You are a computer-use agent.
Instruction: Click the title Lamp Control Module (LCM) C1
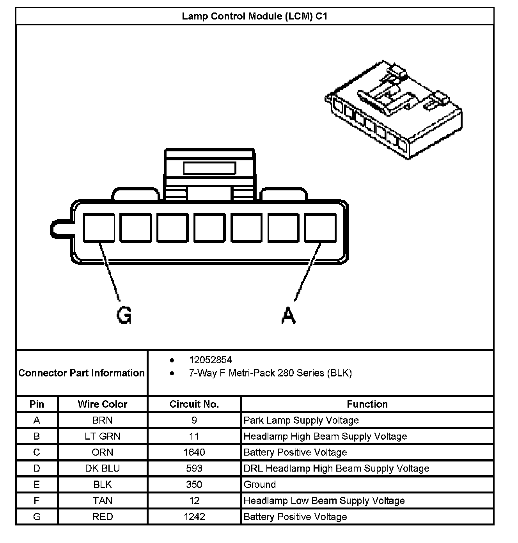254,16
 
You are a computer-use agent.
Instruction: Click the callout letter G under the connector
124,315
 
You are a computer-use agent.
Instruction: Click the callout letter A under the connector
288,315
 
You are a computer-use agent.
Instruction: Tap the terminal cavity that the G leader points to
99,228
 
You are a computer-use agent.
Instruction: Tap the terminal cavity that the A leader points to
320,228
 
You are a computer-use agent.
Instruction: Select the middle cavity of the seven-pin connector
209,228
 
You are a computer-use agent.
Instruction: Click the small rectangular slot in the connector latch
209,169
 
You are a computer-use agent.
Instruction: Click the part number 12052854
210,360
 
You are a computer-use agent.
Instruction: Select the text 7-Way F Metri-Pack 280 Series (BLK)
270,373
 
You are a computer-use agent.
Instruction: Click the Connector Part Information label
82,373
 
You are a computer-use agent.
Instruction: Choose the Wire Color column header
103,404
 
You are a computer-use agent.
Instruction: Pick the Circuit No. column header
194,404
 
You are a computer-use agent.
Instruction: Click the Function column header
367,404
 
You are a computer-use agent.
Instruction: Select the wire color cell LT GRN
103,436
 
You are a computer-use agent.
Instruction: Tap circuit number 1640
194,452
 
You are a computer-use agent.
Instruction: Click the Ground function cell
260,484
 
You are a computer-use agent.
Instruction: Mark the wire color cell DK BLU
103,468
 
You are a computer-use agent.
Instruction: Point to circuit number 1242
194,516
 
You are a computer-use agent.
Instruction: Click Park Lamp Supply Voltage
301,420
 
